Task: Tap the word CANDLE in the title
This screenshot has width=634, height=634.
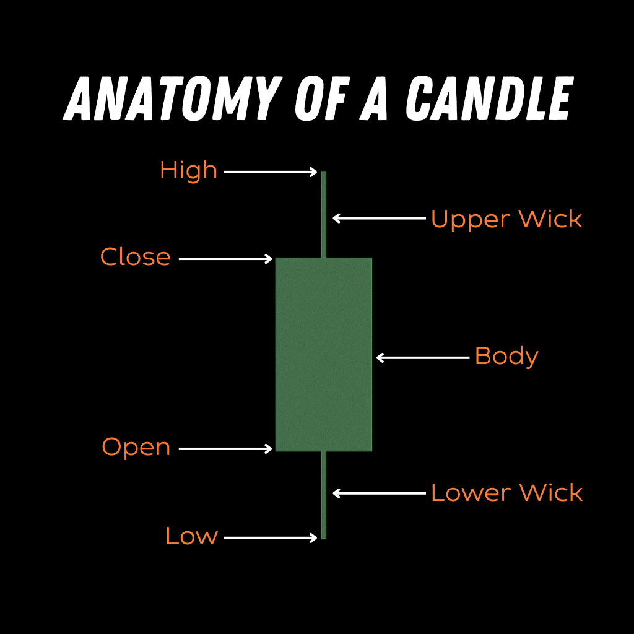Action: pos(489,98)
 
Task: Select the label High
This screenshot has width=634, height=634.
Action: pos(188,171)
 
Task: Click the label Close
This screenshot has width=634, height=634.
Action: pos(136,258)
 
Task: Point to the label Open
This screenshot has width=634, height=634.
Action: pos(136,447)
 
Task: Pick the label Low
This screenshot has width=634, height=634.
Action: pos(191,536)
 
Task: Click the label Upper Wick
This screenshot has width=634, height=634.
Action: pos(506,219)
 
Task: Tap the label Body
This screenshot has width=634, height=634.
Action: pos(506,357)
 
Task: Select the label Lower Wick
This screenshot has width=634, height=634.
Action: pos(506,493)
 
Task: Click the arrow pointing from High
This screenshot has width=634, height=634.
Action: pos(271,172)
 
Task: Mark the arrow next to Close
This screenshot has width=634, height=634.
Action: pos(225,258)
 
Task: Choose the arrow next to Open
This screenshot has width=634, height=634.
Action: pos(225,448)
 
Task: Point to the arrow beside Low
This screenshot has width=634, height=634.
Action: pos(271,538)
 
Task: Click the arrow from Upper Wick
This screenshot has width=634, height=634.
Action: pos(379,218)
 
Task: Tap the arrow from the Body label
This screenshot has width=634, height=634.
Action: pos(423,357)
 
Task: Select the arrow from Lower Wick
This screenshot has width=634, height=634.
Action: pos(379,493)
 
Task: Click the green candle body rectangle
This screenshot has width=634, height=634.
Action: pos(323,354)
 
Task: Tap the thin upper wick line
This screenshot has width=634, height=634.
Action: pos(324,214)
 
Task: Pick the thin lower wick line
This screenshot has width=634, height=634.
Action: pos(324,495)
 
